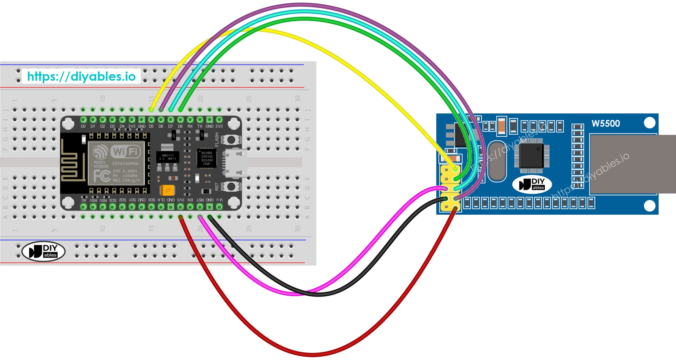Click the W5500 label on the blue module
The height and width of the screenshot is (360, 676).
coord(605,124)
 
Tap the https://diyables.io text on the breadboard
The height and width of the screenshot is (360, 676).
coord(81,77)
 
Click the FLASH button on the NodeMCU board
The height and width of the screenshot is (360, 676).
coord(231,139)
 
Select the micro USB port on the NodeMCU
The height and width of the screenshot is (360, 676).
coord(236,163)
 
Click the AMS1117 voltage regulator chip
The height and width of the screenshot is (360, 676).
coord(168,157)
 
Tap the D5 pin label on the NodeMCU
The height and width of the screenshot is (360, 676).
coord(151,127)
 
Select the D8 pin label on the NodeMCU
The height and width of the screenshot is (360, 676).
coord(180,127)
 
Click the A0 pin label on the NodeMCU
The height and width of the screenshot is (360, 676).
coord(84,200)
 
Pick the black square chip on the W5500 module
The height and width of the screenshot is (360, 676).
coord(532,155)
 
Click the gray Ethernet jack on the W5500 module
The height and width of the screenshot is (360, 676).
coord(631,164)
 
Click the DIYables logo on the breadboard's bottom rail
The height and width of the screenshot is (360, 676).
coord(43,251)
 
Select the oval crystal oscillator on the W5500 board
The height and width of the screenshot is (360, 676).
coord(497,161)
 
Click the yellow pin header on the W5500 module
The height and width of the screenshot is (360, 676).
coord(450,188)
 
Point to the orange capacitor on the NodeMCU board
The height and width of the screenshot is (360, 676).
coord(167,190)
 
